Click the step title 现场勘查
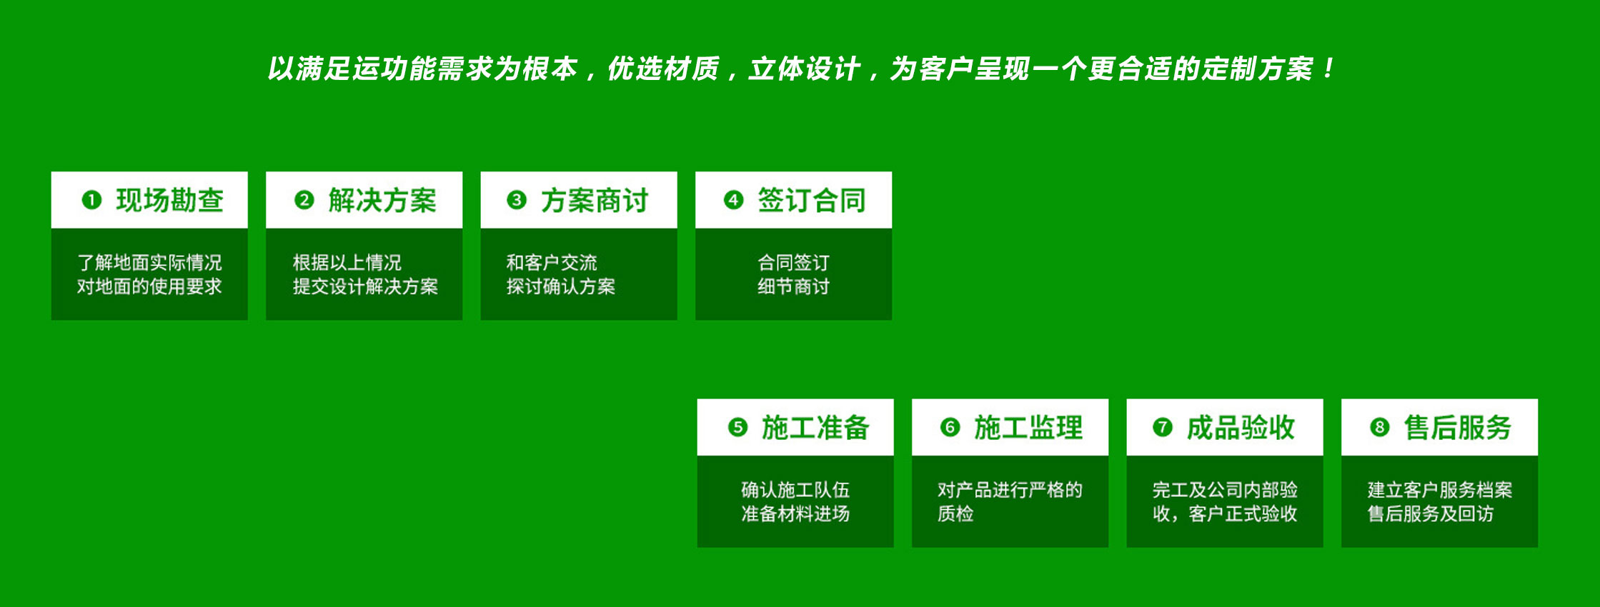tap(169, 201)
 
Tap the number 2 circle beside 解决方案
tap(304, 200)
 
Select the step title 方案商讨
tap(594, 201)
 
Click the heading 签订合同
tap(811, 201)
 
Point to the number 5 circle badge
tap(737, 427)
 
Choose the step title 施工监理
tap(1028, 428)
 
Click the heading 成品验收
tap(1241, 428)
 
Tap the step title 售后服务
tap(1457, 428)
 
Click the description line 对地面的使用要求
tap(149, 287)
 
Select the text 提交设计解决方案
tap(365, 287)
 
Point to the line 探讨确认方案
tap(561, 287)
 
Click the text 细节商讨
tap(793, 287)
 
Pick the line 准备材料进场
tap(795, 514)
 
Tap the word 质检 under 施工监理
tap(955, 514)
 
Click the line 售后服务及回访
tap(1430, 514)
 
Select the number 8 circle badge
tap(1379, 427)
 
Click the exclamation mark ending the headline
tap(1328, 69)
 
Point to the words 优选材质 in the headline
tap(662, 69)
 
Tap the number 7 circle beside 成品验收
tap(1162, 427)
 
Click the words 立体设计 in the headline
tap(804, 69)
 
